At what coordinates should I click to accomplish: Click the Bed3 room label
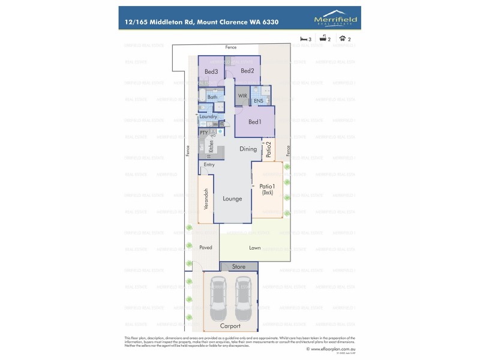211,72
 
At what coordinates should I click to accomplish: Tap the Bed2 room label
248,71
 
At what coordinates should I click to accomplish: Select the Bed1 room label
254,122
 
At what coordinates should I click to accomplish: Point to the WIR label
242,95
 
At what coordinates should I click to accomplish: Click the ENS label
258,101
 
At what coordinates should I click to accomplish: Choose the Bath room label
212,97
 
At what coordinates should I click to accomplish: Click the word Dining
248,149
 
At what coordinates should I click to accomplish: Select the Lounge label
232,199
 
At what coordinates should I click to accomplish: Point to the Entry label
209,164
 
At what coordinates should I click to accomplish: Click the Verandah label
206,199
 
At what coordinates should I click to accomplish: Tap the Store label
239,266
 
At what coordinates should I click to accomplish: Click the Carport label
230,326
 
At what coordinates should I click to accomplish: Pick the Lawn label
254,247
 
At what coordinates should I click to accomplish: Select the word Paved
206,247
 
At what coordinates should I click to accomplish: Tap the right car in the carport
243,298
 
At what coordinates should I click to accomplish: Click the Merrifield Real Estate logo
336,21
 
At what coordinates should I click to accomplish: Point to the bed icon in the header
304,38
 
